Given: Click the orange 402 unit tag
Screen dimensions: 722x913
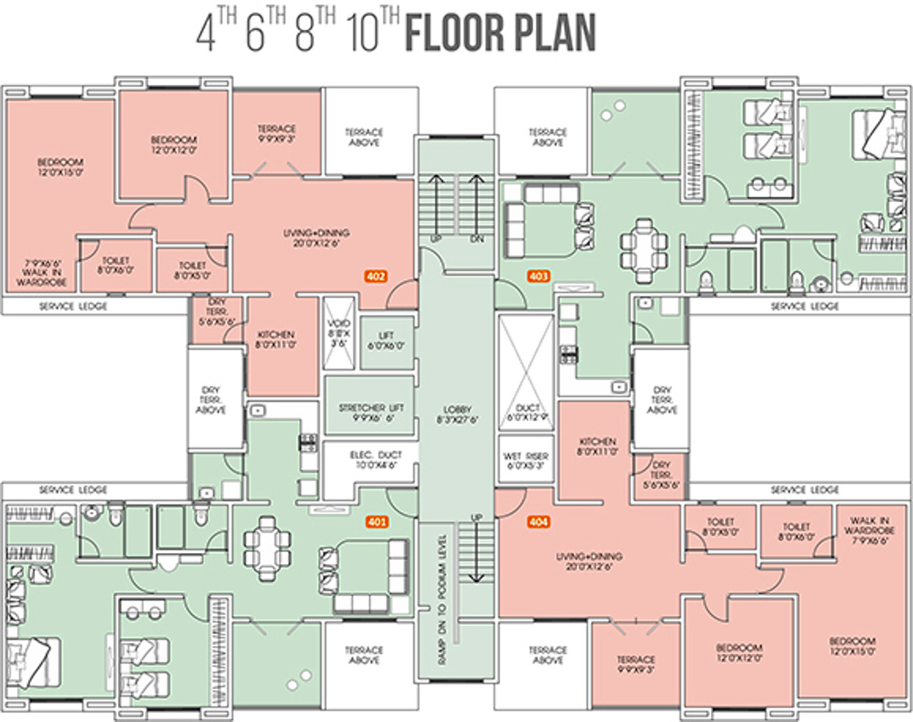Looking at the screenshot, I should coord(375,276).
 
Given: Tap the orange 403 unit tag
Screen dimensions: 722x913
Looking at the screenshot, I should coord(538,276).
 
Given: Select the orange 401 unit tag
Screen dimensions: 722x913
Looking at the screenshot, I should coord(375,521).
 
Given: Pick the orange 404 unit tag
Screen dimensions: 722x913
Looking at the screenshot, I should coord(538,521).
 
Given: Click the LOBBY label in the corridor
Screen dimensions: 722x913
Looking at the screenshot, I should coord(456,414).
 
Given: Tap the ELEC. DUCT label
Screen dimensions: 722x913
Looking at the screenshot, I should coord(370,460).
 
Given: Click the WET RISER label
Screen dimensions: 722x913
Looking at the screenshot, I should coord(526,460).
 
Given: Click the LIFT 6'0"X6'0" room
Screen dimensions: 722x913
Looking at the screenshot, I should coord(386,341).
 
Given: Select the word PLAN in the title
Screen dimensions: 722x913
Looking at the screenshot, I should coord(552,34).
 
